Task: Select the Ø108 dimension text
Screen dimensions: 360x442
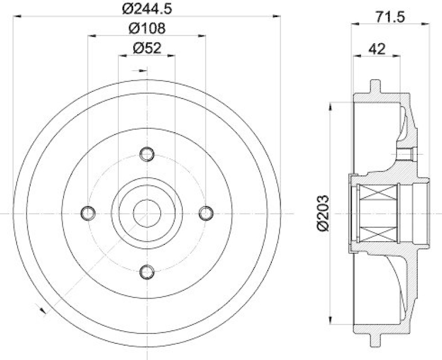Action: click(x=146, y=28)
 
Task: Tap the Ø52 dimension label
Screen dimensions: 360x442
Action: click(x=146, y=48)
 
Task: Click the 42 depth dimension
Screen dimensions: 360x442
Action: click(x=377, y=49)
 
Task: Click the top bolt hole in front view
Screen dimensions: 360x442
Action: click(x=146, y=154)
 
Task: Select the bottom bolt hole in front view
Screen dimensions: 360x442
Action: click(x=146, y=271)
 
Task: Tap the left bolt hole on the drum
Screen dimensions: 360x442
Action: click(x=87, y=212)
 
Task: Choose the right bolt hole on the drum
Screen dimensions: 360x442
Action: click(x=206, y=212)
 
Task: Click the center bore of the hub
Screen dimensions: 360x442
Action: click(x=146, y=212)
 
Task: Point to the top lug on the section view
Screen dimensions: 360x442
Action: click(x=376, y=86)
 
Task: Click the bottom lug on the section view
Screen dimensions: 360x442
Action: click(x=376, y=338)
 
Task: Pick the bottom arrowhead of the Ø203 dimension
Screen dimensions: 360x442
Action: click(x=330, y=321)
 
